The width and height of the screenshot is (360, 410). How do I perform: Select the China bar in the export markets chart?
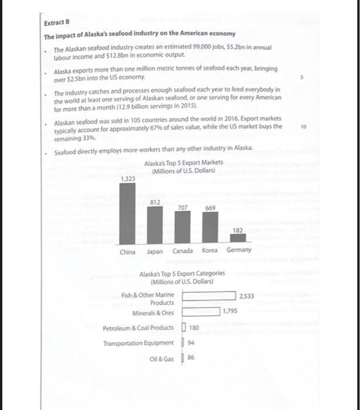point(127,214)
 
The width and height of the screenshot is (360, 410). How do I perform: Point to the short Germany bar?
point(237,240)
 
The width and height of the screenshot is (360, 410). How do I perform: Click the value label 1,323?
point(127,178)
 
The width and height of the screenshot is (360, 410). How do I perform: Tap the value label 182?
point(238,231)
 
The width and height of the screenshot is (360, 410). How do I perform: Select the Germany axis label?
point(239,251)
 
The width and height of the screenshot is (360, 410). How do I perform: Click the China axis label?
point(127,252)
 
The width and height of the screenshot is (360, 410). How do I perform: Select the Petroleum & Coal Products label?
point(138,327)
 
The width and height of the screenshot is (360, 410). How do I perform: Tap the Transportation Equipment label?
point(138,343)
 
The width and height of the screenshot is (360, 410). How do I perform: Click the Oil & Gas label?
point(162,358)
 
